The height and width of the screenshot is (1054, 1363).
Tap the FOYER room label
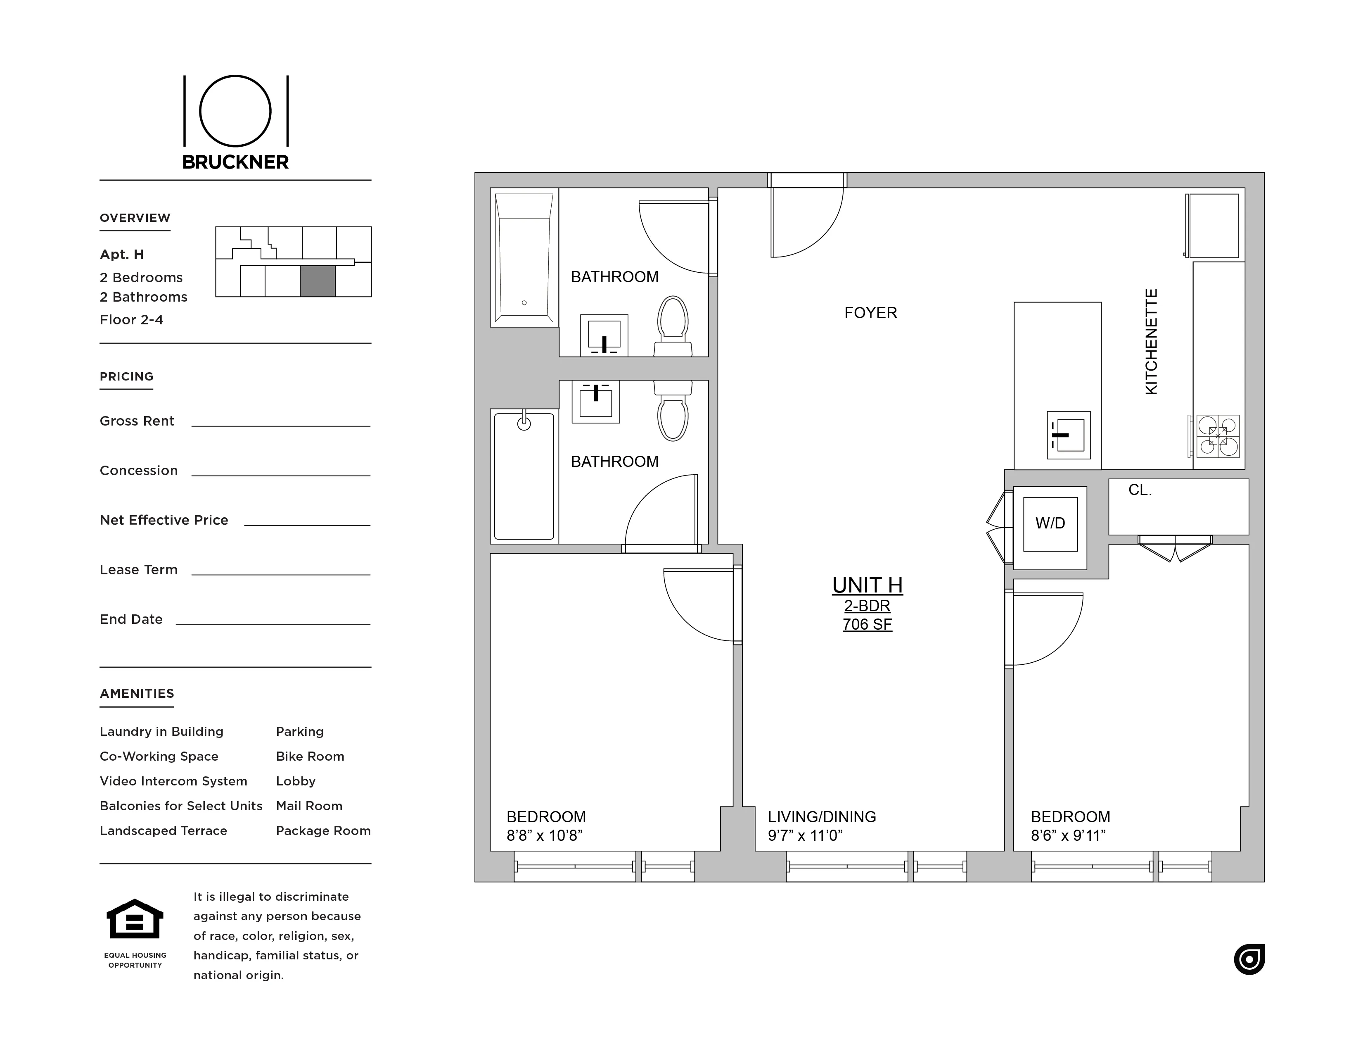[870, 313]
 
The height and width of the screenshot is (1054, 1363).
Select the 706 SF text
[867, 624]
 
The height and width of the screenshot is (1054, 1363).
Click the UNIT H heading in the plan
[867, 585]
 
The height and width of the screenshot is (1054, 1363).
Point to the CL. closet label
[1140, 490]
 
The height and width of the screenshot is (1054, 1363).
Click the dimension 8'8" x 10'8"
[544, 835]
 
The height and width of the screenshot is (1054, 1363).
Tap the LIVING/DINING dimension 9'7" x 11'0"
[805, 835]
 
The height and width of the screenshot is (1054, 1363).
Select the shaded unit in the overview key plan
[318, 281]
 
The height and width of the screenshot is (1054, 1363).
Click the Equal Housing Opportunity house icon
[135, 919]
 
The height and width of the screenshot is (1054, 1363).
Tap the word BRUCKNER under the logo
[235, 162]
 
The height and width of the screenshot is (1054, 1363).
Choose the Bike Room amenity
[310, 756]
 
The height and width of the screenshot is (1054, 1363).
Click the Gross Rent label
[137, 421]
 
